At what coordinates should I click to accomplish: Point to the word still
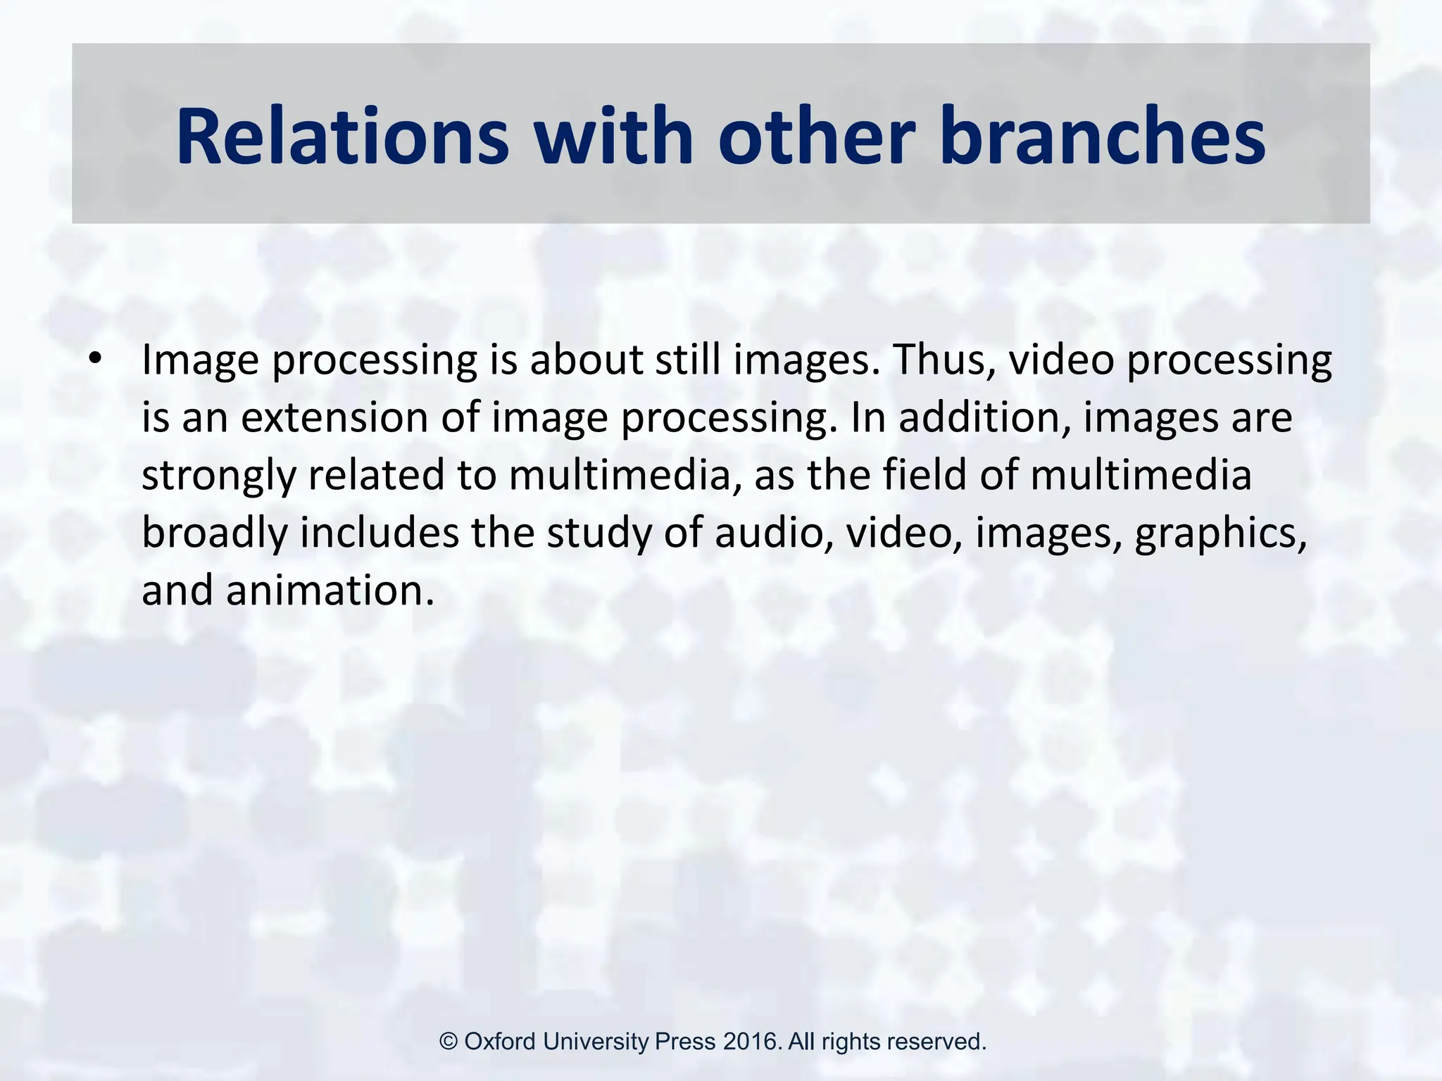pyautogui.click(x=688, y=360)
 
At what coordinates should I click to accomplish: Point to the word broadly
pyautogui.click(x=215, y=532)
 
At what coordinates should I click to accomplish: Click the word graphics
pyautogui.click(x=1220, y=533)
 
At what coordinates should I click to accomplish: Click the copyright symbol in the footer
pyautogui.click(x=449, y=1042)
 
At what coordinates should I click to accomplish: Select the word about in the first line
pyautogui.click(x=587, y=360)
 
